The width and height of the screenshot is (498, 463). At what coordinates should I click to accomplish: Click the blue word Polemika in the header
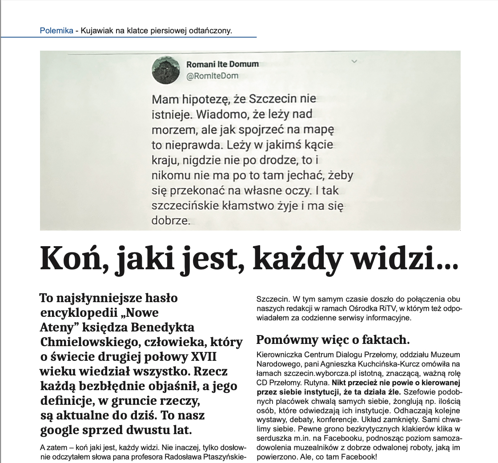56,31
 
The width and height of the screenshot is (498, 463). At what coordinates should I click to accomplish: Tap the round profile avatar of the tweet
166,71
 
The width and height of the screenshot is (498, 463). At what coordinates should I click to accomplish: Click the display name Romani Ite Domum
222,64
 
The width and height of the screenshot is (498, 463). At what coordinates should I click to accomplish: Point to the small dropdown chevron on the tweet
354,61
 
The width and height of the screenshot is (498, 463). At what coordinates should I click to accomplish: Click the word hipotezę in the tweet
208,99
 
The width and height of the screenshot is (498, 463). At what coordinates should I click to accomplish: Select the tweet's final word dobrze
170,220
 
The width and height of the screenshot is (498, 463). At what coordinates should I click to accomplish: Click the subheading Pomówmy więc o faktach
333,340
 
